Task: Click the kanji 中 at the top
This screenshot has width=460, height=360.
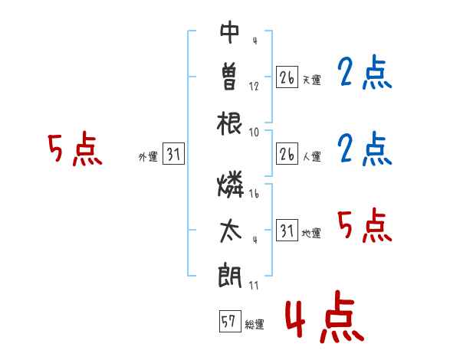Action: click(230, 32)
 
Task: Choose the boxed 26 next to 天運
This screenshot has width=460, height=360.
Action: click(287, 77)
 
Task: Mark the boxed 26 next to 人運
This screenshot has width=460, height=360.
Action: click(287, 154)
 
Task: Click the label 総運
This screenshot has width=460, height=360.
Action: click(255, 325)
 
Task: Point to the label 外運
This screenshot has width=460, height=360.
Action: click(147, 157)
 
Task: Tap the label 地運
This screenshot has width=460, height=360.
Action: click(311, 233)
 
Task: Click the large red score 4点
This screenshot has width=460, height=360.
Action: click(324, 319)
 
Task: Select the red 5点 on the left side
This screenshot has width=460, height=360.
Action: click(74, 149)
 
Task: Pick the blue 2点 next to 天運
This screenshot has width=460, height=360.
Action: click(365, 74)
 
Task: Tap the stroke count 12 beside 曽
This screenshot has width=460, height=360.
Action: click(254, 86)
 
